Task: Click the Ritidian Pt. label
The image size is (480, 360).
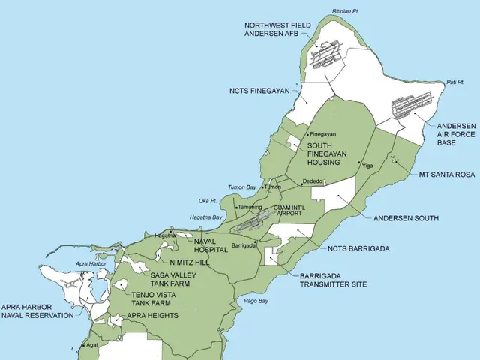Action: click(x=347, y=12)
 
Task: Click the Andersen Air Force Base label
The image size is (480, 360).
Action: click(x=456, y=133)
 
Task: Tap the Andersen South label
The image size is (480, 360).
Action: click(x=406, y=218)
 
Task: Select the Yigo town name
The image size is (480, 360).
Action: click(x=367, y=163)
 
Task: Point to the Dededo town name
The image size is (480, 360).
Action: click(x=313, y=181)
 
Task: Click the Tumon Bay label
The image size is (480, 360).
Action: click(x=241, y=187)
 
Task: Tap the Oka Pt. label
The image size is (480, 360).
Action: click(x=208, y=201)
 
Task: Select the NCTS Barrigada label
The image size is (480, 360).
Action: click(x=358, y=248)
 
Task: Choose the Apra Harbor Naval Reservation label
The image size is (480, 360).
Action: click(x=37, y=311)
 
